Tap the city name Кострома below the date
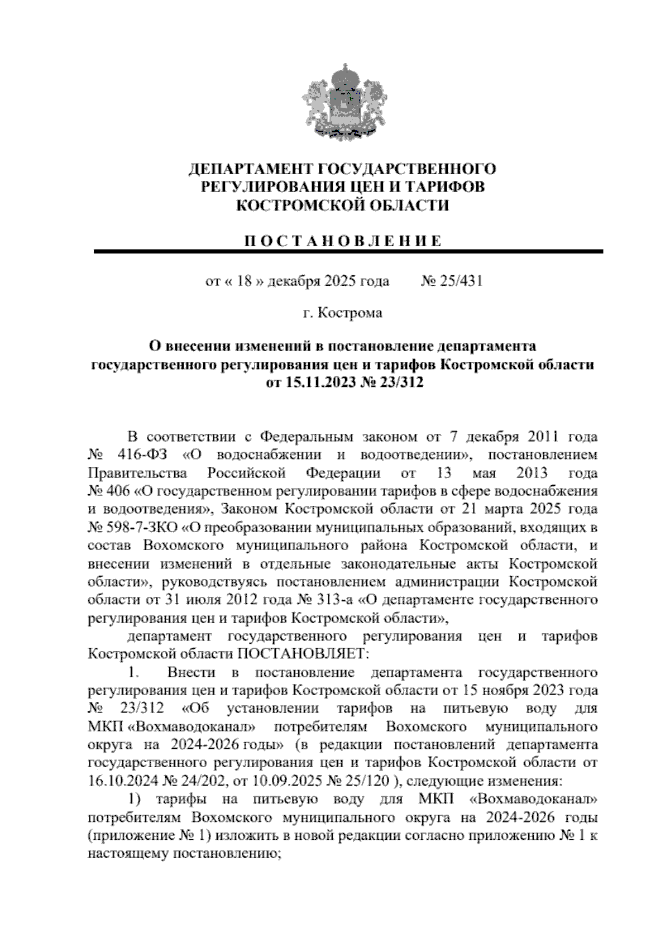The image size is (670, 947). click(351, 313)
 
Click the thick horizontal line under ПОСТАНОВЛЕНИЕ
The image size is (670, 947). click(348, 252)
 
